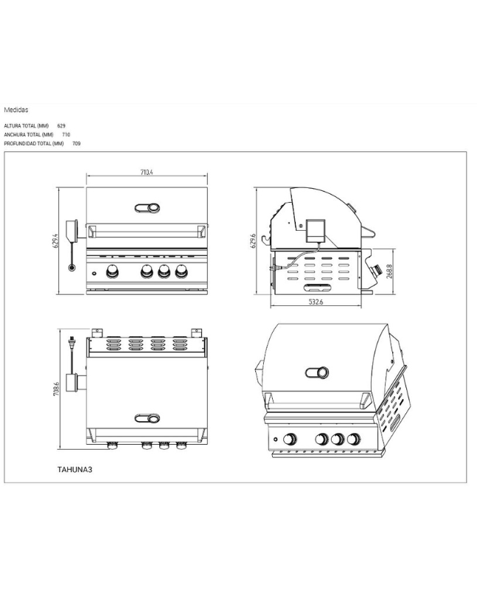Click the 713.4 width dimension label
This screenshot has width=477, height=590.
pos(146,173)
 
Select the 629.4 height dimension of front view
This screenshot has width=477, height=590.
pos(55,240)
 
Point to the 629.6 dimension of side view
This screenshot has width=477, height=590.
pos(253,240)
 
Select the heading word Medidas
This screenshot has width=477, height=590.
pos(16,109)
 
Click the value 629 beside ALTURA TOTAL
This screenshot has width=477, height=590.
pos(61,126)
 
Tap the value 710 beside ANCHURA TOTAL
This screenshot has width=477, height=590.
pos(66,135)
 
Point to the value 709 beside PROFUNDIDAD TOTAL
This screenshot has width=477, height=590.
pos(76,143)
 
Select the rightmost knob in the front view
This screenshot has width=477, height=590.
pos(180,271)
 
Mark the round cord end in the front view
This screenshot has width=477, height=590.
pos(72,267)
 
